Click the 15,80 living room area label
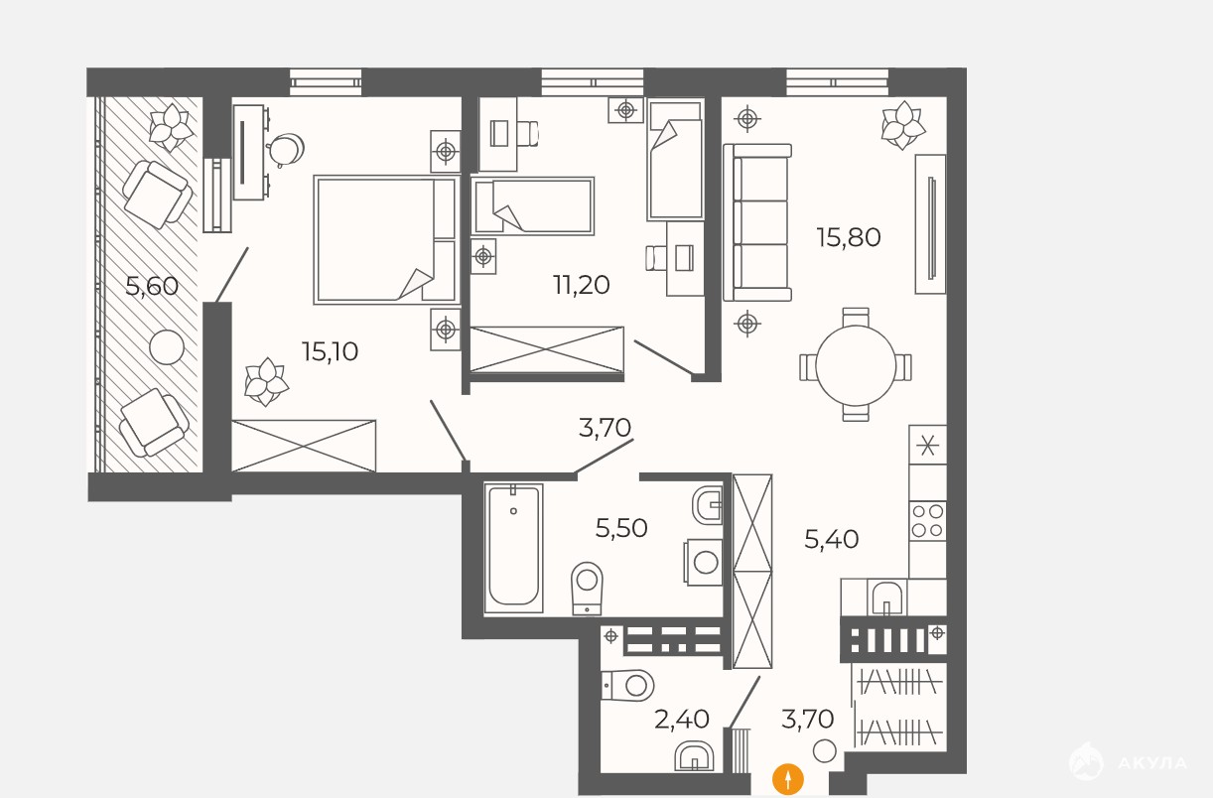point(849,237)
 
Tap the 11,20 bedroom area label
point(581,285)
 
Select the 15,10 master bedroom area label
point(330,352)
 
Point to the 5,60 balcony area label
point(152,286)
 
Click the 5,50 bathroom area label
point(621,528)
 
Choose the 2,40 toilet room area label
point(681,719)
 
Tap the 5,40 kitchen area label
point(831,539)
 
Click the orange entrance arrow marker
point(788,780)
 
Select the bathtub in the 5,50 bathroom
point(513,548)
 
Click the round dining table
point(856,365)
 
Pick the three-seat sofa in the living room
point(757,222)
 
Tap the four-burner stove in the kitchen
point(928,521)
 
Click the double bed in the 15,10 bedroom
point(385,239)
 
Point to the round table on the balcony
point(167,347)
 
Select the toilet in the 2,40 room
point(627,686)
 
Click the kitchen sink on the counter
point(886,598)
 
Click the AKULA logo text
point(1152,763)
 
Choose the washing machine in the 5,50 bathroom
point(703,562)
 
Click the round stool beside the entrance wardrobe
point(824,751)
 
